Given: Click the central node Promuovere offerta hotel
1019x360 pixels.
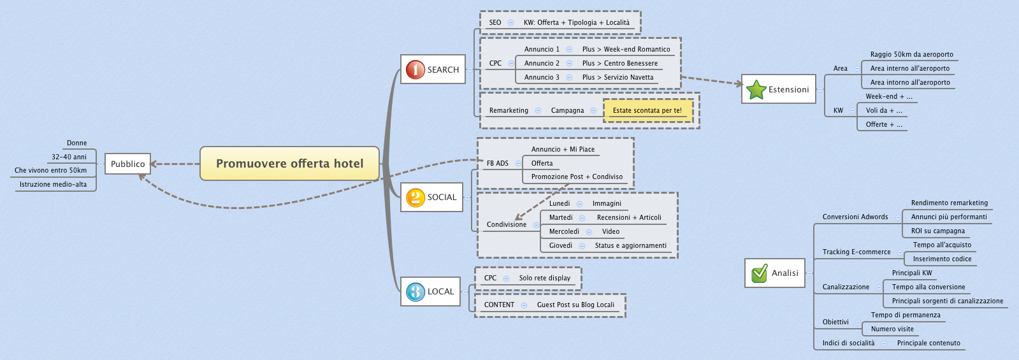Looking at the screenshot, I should [289, 164].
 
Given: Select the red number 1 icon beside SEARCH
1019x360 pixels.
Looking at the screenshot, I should [415, 69].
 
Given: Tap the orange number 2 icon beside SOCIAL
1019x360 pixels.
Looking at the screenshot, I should [415, 198].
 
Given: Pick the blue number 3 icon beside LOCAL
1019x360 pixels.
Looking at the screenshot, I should [415, 292].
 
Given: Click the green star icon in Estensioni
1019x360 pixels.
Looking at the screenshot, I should [756, 90].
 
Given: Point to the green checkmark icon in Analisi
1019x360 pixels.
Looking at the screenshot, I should [759, 273].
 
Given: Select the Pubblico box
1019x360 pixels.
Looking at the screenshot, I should [127, 164].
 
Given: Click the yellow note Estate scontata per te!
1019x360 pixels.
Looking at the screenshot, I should [647, 110].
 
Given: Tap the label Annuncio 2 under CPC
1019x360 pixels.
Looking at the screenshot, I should [542, 63].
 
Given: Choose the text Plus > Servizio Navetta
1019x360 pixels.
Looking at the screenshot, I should [618, 77].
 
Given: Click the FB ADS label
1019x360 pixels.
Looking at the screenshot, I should [497, 163].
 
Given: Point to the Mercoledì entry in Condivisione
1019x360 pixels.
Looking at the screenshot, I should [564, 231].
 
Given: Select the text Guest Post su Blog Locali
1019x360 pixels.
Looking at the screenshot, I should [575, 305].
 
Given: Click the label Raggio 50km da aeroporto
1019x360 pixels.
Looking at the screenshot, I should [911, 54].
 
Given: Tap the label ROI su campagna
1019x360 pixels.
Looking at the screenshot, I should [937, 231].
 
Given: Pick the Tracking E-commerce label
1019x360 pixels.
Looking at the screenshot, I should [856, 252].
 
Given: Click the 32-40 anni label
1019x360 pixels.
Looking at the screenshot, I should [69, 157].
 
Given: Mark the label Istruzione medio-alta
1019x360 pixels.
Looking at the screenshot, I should [53, 184].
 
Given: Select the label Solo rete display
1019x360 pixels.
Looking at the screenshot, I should [544, 278].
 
